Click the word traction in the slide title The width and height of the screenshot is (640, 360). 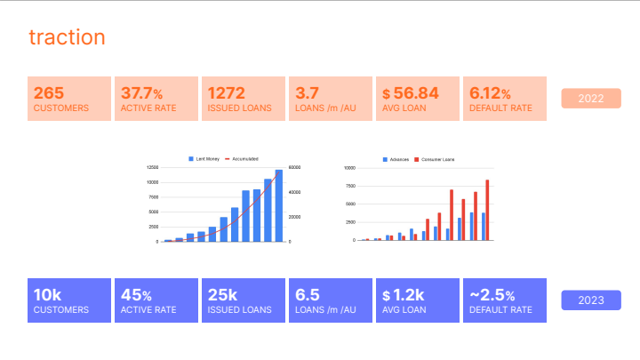(67, 37)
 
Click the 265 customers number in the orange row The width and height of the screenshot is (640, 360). (49, 92)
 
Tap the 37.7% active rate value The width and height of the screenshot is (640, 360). (141, 92)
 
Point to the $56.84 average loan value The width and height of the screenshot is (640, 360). (410, 92)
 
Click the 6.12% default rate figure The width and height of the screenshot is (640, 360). (490, 92)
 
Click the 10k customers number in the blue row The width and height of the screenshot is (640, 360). (48, 294)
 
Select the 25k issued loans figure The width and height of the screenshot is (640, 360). (222, 294)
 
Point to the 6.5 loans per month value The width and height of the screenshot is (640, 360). (307, 294)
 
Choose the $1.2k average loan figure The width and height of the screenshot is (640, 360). (405, 294)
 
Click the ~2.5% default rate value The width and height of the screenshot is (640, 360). (491, 294)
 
